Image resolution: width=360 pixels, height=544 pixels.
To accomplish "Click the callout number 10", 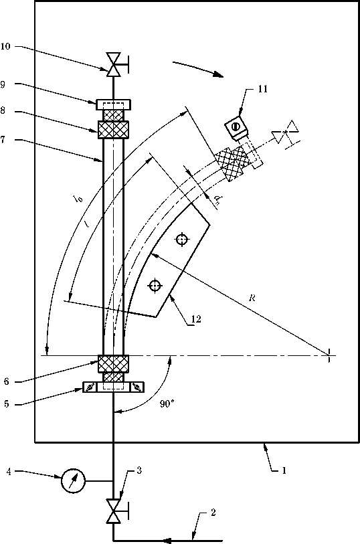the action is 5,46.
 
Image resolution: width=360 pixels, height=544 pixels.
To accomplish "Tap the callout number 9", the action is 3,85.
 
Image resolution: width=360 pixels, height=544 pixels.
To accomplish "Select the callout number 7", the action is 3,140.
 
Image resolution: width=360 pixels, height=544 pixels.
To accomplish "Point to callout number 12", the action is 196,319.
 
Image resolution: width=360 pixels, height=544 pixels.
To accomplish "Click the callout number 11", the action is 262,89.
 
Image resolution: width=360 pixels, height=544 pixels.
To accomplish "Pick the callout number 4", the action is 9,472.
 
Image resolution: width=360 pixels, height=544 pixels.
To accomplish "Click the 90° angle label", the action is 167,404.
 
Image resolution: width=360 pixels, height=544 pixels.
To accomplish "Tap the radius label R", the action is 252,298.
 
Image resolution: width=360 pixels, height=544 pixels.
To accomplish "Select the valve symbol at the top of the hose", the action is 114,64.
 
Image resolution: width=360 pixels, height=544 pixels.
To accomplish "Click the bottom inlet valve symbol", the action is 114,511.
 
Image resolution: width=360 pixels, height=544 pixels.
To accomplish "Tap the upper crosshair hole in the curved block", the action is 182,240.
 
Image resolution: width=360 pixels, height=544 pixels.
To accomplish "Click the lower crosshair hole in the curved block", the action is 155,286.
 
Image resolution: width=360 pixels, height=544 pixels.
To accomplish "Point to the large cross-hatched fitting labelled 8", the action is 113,130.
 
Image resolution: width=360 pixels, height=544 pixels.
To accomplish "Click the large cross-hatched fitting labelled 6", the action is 113,364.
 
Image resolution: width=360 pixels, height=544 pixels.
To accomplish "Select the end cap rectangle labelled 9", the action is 114,104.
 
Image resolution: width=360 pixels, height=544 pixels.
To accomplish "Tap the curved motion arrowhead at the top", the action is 219,74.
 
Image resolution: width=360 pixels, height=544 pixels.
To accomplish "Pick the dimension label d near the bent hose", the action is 217,199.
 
